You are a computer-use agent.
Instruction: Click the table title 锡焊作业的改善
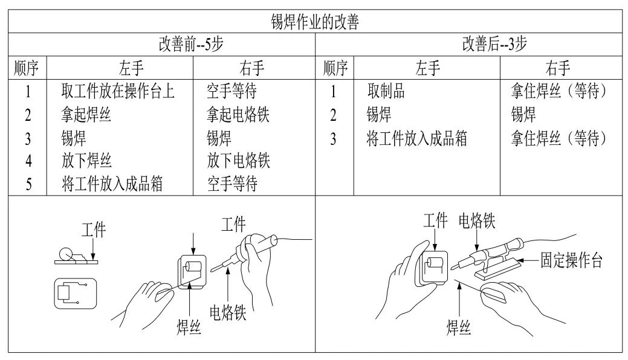coord(314,23)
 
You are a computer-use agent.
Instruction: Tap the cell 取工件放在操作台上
coord(118,91)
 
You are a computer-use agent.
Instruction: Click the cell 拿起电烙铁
coord(238,114)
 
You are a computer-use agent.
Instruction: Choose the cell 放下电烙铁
coord(238,161)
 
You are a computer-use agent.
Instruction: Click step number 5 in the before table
coord(28,184)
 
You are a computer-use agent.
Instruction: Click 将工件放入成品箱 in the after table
coord(416,138)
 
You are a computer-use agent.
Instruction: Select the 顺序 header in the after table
coord(334,68)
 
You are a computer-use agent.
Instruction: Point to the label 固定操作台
coord(571,262)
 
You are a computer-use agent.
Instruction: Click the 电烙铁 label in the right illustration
coord(476,221)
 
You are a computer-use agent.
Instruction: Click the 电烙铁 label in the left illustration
coord(227,313)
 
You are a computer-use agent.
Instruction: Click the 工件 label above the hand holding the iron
coord(233,225)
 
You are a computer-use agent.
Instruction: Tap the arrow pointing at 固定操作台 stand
coord(530,262)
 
